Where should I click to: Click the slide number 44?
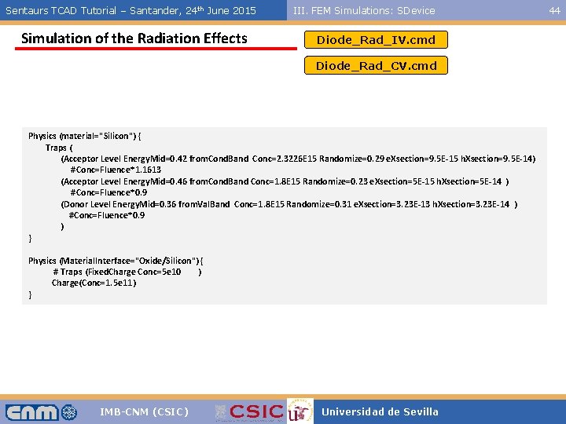554,10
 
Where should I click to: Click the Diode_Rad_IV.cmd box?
376,40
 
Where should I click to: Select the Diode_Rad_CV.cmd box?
376,66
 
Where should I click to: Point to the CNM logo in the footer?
41,412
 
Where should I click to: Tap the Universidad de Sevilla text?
380,412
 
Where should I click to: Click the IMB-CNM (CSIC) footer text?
145,412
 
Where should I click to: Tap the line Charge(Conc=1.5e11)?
94,283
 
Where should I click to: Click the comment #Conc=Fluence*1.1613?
116,170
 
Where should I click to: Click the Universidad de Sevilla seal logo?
297,412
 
